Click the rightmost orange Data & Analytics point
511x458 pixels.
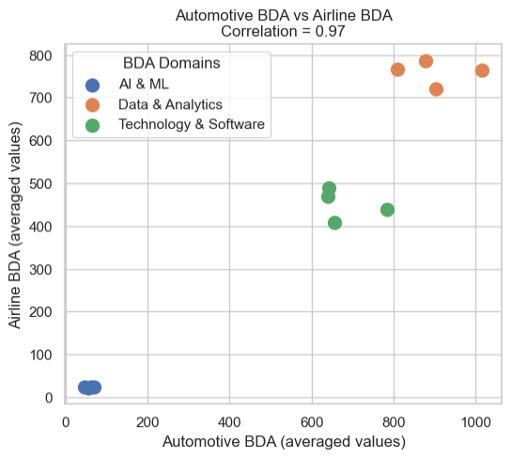[482, 71]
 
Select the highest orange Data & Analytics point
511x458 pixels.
[426, 61]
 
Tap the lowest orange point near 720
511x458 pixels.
[436, 89]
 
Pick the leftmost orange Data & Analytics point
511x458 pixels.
[397, 70]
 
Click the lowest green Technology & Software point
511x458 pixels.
[334, 223]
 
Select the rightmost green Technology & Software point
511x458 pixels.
[387, 210]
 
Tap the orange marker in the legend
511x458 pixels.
[92, 104]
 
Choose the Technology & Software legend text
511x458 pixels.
[191, 124]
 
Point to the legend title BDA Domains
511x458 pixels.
[171, 63]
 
